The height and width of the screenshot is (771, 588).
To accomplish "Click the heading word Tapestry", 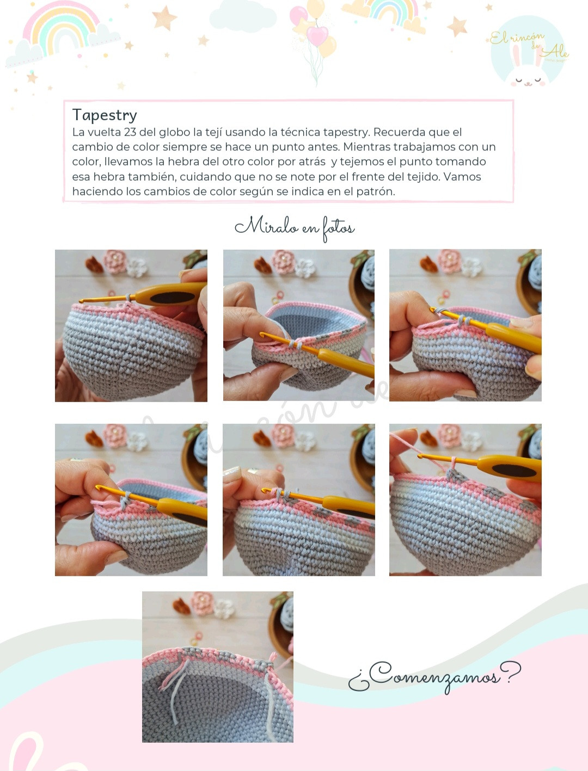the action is pos(105,115).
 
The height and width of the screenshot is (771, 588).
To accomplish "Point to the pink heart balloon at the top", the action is pos(317,35).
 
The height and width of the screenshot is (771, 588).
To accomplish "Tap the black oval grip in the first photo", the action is pos(172,298).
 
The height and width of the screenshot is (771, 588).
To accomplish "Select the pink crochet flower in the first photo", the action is pos(114,262).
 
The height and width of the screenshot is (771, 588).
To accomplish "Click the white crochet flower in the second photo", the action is pos(305,268).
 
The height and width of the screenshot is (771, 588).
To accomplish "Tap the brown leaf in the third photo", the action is pos(429,264).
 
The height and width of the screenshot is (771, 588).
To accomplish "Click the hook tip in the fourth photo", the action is pos(97,488).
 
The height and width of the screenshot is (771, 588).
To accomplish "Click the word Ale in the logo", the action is pos(555,52).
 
